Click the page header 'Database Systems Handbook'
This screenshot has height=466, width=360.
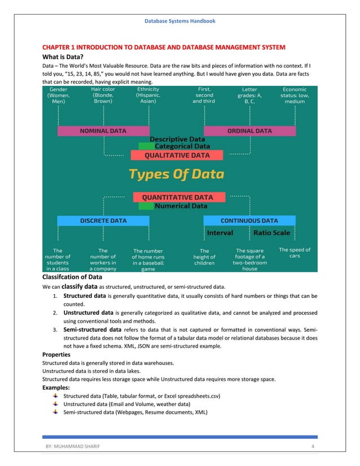180,21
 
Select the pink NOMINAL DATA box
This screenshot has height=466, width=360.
103,131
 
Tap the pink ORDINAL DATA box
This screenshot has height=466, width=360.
249,131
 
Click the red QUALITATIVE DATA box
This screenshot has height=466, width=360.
177,155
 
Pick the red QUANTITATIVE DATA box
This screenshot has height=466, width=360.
177,197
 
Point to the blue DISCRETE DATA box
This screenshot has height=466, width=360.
103,221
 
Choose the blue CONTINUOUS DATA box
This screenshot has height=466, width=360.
249,221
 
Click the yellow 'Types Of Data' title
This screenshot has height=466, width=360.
177,174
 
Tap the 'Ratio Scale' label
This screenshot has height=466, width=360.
271,232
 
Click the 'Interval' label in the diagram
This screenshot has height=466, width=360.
220,232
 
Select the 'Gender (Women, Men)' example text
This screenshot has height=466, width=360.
59,95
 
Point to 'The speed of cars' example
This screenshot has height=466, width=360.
295,253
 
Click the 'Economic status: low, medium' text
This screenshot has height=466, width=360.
295,95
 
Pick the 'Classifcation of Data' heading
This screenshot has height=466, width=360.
72,278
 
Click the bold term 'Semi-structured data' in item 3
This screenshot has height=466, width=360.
92,329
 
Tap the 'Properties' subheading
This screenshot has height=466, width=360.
56,354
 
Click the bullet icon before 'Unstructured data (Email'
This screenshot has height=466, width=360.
55,404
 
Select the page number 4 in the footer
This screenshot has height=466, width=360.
313,447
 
